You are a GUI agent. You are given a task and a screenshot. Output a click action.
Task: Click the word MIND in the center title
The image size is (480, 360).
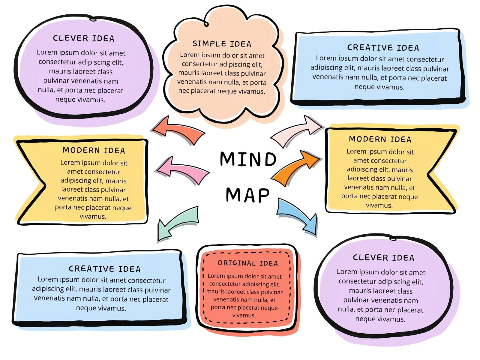point(248,159)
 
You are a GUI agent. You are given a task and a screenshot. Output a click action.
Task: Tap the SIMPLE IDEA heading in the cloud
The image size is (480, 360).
point(222,44)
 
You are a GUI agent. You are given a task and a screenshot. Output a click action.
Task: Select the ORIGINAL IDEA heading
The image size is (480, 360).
point(248,263)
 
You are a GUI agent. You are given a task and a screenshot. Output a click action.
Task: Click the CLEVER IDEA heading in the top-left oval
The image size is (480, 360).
point(83,38)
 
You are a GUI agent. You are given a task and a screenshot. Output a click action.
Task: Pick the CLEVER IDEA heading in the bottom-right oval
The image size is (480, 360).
point(384,257)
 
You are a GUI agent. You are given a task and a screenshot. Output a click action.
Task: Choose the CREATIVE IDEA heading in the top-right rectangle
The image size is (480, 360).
point(383,48)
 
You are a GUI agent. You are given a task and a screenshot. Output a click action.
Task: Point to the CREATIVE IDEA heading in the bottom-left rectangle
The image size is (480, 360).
point(104,269)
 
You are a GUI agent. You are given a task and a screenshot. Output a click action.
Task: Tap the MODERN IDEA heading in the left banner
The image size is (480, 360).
point(94,150)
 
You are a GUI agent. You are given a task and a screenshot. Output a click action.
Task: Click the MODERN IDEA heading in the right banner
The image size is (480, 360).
point(380,139)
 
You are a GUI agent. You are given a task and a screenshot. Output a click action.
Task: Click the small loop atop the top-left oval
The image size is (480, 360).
point(93,19)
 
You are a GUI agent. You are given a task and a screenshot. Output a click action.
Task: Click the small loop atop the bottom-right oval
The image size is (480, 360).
point(393,238)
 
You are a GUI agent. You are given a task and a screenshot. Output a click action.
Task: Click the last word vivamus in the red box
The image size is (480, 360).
point(244,315)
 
